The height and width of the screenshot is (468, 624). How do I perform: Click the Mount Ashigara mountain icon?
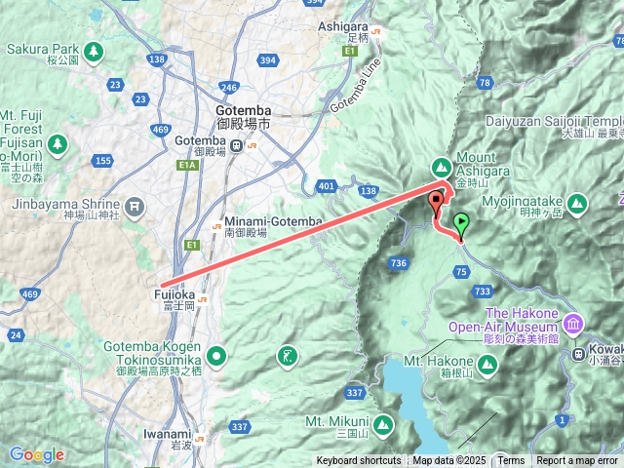pyautogui.click(x=441, y=166)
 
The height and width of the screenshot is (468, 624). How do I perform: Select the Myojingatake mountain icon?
pyautogui.click(x=577, y=204)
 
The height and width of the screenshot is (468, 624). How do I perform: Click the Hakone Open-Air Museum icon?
pyautogui.click(x=572, y=323)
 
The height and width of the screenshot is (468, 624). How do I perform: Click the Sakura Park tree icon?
pyautogui.click(x=93, y=50)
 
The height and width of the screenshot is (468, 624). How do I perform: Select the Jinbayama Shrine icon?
pyautogui.click(x=134, y=206)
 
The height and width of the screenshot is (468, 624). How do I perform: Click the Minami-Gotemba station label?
pyautogui.click(x=272, y=221)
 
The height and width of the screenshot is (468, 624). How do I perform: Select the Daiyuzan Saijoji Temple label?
pyautogui.click(x=552, y=122)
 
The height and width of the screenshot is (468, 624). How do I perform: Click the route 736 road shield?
pyautogui.click(x=398, y=263)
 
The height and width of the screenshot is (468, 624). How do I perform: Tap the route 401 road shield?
pyautogui.click(x=327, y=185)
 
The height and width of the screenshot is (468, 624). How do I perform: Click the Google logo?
pyautogui.click(x=36, y=454)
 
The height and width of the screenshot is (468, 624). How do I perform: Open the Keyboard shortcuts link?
pyautogui.click(x=358, y=461)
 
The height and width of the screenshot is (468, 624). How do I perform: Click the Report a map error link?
pyautogui.click(x=577, y=461)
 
